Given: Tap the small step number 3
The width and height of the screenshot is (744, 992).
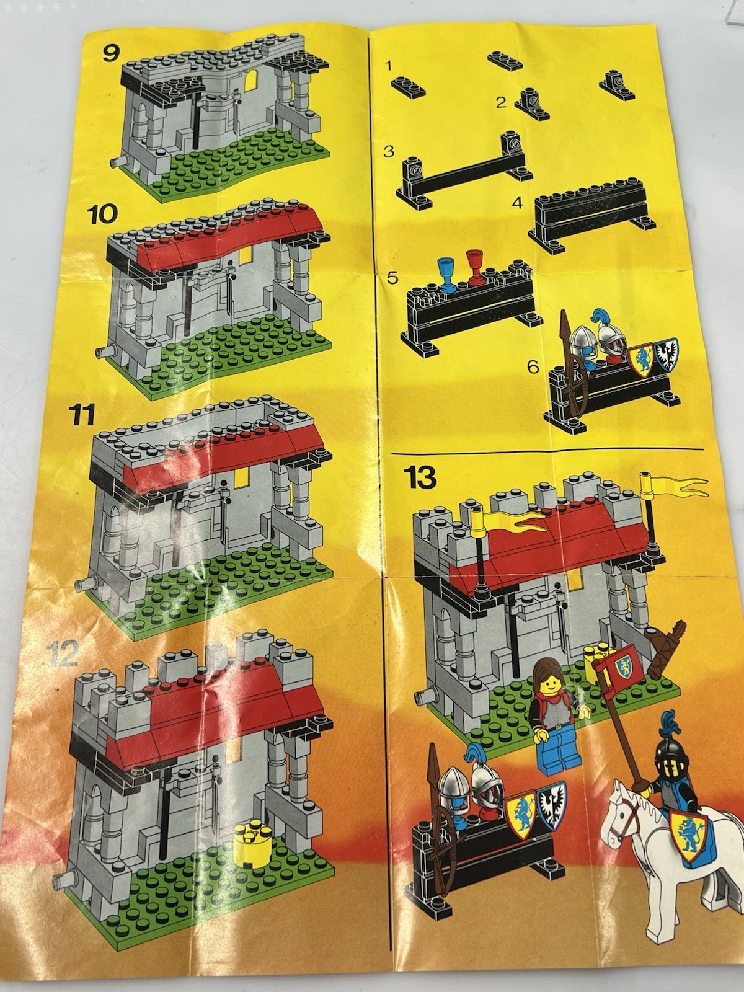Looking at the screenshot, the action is (x=389, y=151).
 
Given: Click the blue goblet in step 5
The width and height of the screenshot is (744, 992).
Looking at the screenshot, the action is (x=447, y=273).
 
